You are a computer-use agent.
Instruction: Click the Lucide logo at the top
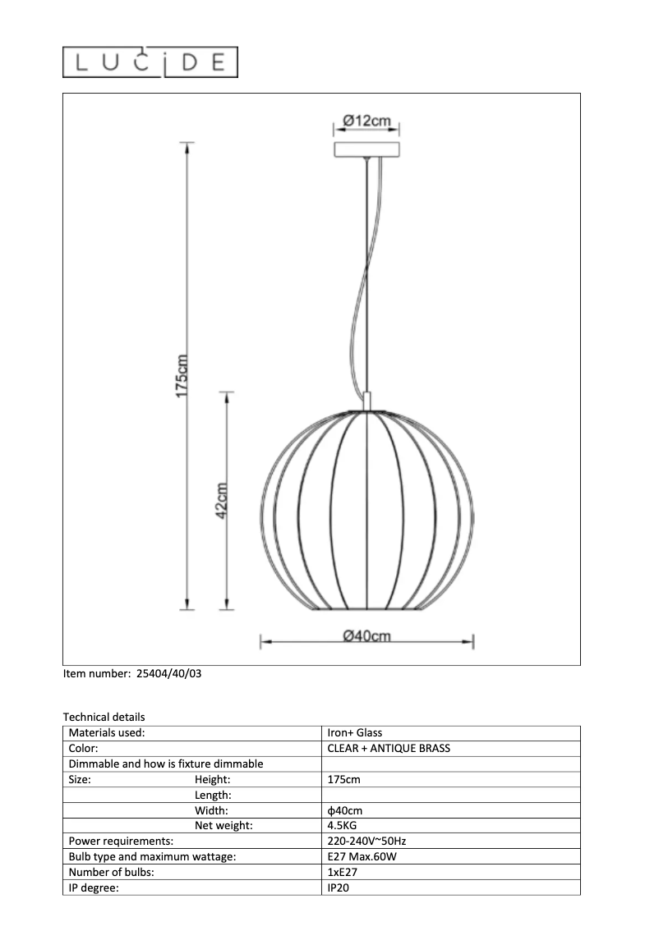click(x=150, y=62)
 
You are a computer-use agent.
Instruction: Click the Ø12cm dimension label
click(x=366, y=121)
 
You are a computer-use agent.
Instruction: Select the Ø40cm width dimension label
click(x=366, y=636)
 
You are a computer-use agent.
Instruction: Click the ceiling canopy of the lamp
click(x=366, y=149)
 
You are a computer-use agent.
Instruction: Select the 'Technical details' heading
click(x=104, y=717)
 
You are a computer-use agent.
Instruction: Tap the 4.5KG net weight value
click(x=342, y=826)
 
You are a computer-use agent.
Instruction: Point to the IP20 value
click(x=339, y=888)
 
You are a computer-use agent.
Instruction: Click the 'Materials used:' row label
click(x=107, y=732)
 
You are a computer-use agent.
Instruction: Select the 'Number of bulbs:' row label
click(x=112, y=873)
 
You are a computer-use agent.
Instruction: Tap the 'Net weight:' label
click(x=224, y=826)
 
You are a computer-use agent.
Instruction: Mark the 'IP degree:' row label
click(x=97, y=888)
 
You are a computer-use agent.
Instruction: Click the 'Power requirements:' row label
click(x=121, y=842)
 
